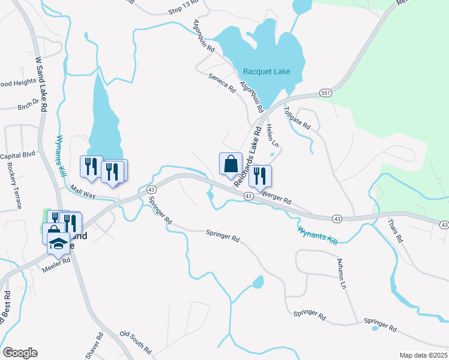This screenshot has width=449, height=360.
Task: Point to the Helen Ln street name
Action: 273,135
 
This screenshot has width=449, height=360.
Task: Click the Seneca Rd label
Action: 221,82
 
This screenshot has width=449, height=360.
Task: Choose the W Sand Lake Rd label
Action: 41,84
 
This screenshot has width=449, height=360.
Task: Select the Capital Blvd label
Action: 18,155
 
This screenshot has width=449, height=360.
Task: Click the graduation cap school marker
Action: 58,243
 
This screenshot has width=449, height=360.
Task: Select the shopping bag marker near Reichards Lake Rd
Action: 231,164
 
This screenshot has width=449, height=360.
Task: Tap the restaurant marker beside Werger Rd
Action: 260,176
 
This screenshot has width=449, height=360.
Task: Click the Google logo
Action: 20,353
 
